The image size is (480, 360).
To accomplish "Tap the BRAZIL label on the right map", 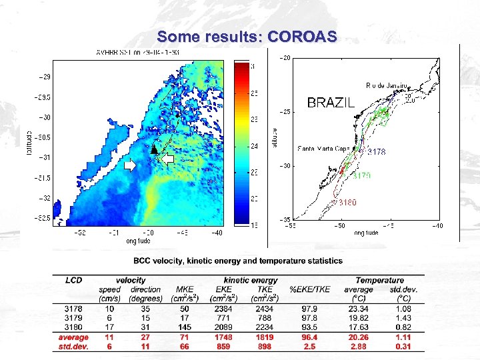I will (330, 103).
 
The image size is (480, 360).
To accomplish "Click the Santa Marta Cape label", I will (323, 148).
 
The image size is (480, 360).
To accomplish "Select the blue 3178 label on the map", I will (376, 152).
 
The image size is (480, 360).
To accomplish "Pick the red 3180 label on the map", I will (346, 202).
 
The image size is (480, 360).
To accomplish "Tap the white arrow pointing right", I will (131, 164).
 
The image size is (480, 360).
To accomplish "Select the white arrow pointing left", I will (168, 158).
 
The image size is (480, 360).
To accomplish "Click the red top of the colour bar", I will (240, 67).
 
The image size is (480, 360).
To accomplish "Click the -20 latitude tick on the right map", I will (285, 58).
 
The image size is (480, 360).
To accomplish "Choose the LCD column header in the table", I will (73, 281).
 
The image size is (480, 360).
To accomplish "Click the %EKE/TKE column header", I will (309, 290).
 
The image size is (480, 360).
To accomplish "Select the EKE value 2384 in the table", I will (223, 309).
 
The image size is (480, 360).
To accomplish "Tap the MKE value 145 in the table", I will (185, 327).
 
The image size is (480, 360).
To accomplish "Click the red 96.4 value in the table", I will (309, 337).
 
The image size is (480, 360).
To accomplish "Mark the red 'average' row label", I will (73, 337).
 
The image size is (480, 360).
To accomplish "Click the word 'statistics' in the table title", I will (319, 261).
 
